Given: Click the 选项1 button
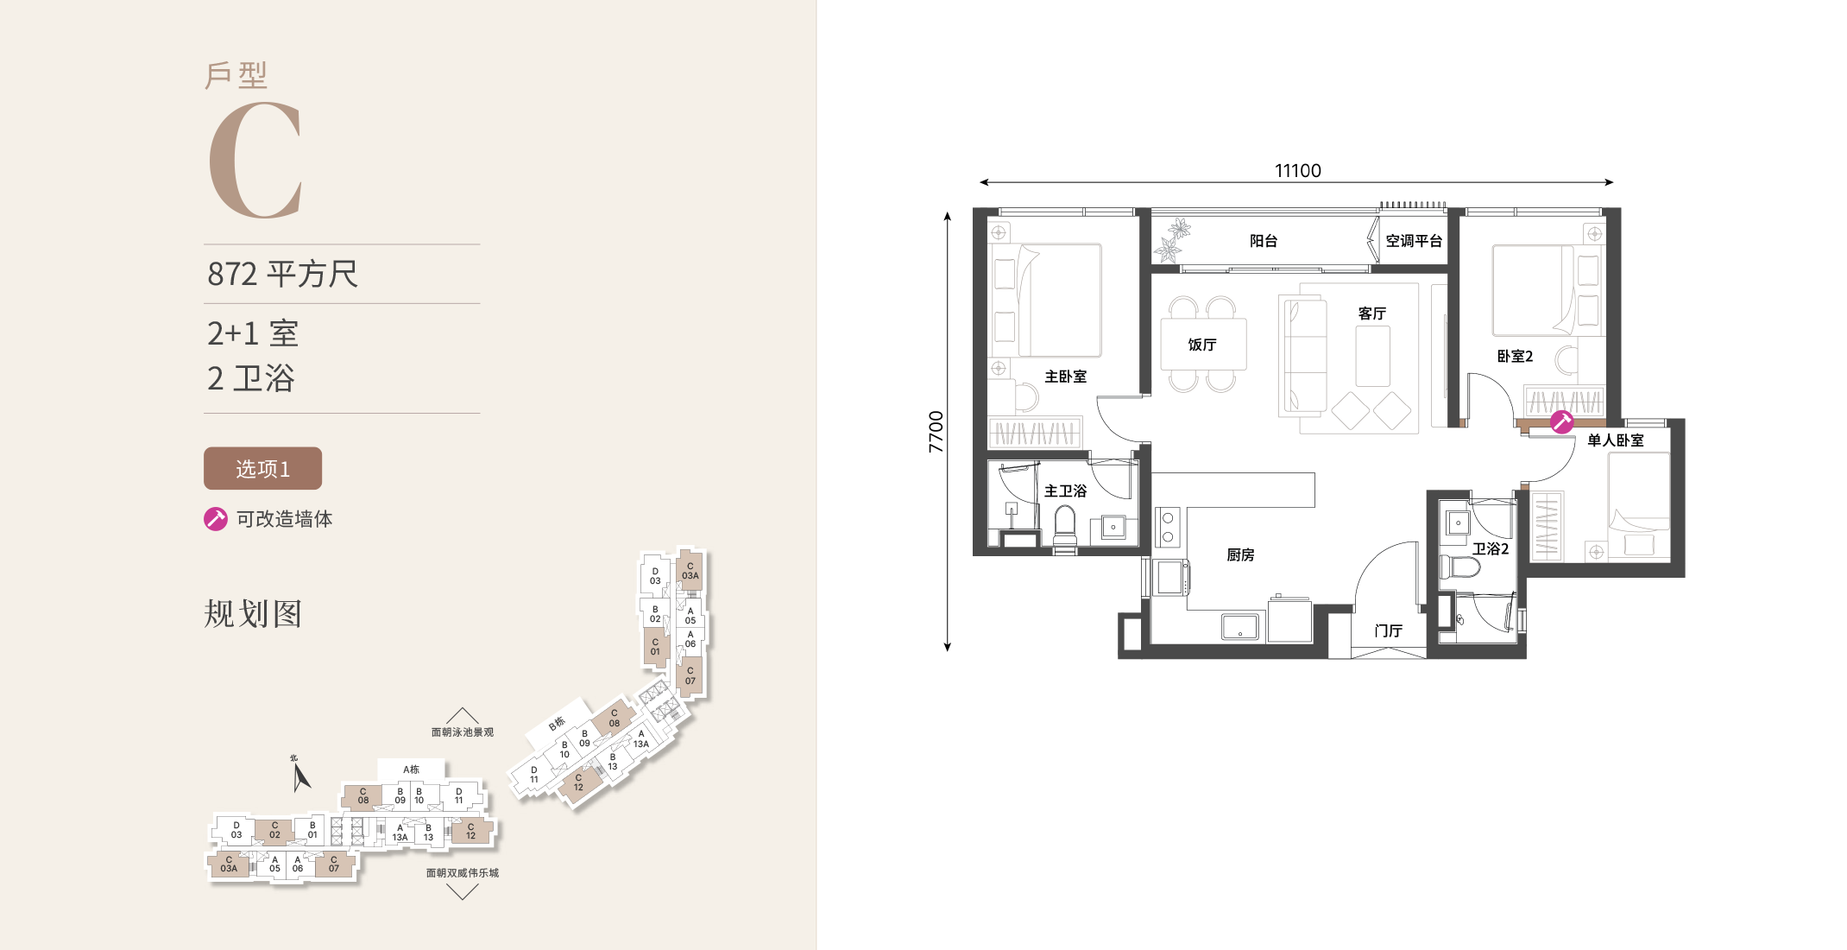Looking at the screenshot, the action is (x=262, y=468).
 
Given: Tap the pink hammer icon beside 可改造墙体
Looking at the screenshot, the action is (x=216, y=518).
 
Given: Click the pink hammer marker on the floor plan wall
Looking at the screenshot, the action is (x=1561, y=421).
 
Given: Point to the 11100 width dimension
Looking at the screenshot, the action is (x=1297, y=170).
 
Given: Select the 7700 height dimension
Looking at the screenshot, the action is (x=936, y=432).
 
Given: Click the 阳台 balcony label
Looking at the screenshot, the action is (x=1264, y=241).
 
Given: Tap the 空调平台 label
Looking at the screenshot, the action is (x=1414, y=241).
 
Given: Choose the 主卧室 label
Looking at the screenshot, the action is (x=1066, y=377).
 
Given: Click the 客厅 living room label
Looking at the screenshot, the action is (x=1372, y=313).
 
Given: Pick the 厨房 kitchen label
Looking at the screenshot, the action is (x=1240, y=554).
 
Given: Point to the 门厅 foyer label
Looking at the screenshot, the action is (x=1389, y=630).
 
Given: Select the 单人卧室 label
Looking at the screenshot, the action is (x=1616, y=440).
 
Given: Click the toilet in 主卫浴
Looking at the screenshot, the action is (x=1065, y=529).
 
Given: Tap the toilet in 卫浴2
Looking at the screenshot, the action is (x=1459, y=567).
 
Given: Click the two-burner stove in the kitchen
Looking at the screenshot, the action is (x=1168, y=527).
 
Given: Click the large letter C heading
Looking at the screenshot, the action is (x=255, y=160).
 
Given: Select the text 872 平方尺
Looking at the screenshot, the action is (x=282, y=274).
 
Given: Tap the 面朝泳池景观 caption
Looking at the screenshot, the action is (x=463, y=732).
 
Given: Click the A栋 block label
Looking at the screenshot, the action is (x=411, y=769).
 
